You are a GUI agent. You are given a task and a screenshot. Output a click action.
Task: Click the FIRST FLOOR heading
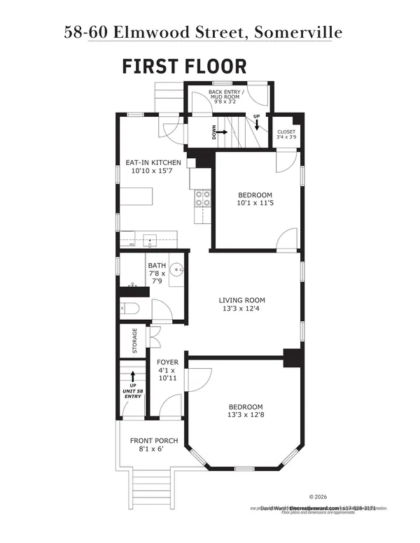click(x=184, y=66)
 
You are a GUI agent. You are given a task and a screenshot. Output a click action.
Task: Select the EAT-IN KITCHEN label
click(x=153, y=162)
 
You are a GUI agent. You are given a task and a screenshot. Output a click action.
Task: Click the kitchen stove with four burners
click(x=202, y=199)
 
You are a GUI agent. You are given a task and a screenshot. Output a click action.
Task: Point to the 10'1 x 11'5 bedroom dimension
click(x=255, y=204)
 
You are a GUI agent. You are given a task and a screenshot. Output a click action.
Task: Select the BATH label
click(x=156, y=266)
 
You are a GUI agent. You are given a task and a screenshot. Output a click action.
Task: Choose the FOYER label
click(x=167, y=362)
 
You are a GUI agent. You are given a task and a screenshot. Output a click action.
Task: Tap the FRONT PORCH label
click(x=154, y=441)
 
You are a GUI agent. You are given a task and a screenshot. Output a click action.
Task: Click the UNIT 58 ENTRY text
click(x=132, y=393)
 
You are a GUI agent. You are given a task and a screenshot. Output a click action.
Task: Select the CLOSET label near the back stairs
click(x=286, y=132)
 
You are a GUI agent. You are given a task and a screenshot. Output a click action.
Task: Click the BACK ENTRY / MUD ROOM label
click(x=226, y=95)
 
